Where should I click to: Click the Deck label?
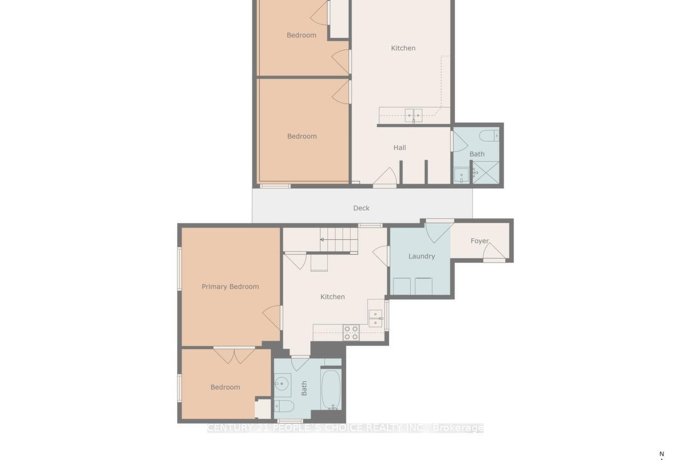click(361, 208)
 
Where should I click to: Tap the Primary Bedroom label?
click(230, 286)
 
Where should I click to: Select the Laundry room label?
click(421, 256)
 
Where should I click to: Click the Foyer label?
click(479, 241)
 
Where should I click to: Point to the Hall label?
click(399, 148)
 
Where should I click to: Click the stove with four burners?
click(351, 332)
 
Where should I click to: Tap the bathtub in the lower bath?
click(331, 389)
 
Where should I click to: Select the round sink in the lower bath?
click(282, 384)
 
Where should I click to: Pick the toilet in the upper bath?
click(489, 135)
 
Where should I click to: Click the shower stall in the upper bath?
click(486, 173)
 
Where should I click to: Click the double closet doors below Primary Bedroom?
click(234, 355)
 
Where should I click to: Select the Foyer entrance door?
click(494, 252)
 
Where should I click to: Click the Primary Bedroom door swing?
click(273, 317)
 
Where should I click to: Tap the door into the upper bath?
click(459, 141)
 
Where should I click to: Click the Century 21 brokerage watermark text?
click(345, 428)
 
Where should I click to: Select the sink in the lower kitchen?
click(375, 318)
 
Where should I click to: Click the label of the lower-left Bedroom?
click(225, 387)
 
